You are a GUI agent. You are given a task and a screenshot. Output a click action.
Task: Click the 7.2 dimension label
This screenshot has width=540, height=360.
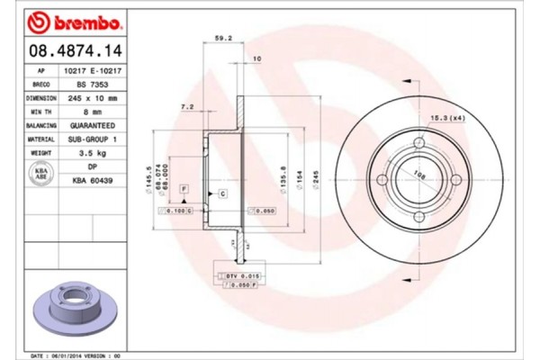187,106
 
